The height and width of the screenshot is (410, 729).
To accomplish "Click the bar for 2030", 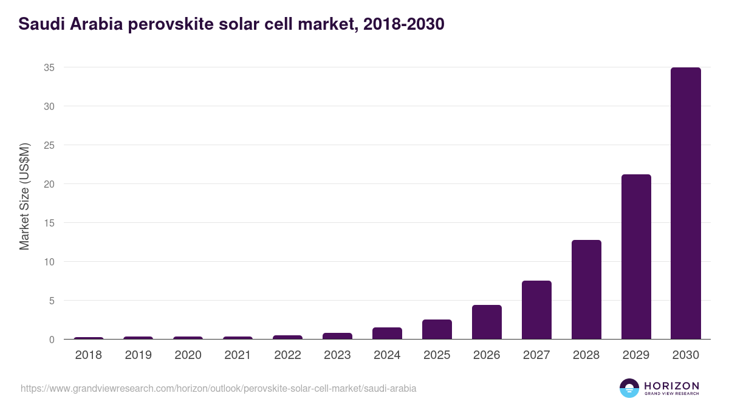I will pos(685,203).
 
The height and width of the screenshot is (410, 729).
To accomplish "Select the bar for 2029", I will pos(635,257).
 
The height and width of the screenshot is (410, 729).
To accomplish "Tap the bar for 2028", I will pos(586,290).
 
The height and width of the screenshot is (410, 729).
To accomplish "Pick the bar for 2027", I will pos(536,310).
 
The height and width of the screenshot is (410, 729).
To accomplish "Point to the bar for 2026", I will pos(487,322).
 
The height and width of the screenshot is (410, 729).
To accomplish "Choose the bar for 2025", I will pos(437,329).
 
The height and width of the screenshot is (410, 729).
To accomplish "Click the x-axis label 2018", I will pos(89,355).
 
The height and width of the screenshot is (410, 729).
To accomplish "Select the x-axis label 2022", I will pos(287,355).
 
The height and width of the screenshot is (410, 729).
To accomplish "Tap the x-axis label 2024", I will pos(387,355).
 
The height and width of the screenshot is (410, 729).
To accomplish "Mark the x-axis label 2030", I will pos(685,355).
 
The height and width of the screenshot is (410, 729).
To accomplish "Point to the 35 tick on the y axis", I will pos(49,67).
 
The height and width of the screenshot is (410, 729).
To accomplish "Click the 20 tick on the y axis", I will pos(49,184).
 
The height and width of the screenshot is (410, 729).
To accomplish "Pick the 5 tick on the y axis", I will pos(52,301).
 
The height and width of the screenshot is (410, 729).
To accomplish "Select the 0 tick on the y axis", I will pos(52,340).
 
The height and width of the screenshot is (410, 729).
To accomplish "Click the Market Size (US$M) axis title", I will pos(24,196).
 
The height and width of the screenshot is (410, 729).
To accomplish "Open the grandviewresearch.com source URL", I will pos(219,388).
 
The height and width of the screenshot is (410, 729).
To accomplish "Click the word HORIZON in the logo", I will pos(671,385).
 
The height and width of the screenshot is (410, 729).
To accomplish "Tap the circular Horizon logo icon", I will pos(629,388).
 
